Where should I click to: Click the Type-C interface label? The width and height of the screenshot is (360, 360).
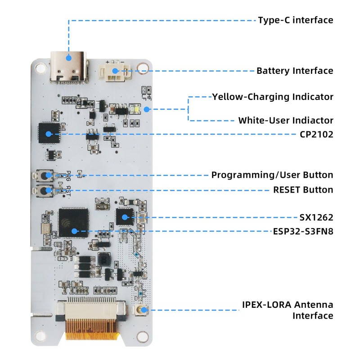click(x=295, y=20)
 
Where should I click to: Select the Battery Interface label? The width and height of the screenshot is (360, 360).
click(x=295, y=71)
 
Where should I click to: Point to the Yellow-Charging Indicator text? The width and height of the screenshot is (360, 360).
click(x=273, y=97)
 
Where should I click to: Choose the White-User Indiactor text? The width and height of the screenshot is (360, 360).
click(x=286, y=121)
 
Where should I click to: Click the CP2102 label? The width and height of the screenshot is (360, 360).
click(x=316, y=134)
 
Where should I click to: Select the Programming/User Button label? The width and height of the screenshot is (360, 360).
click(x=272, y=175)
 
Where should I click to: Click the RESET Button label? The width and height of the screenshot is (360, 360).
click(x=303, y=190)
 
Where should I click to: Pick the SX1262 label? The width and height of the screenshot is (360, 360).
click(x=316, y=218)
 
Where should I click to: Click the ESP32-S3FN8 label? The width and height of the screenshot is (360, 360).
click(x=303, y=232)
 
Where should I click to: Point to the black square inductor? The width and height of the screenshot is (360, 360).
click(x=104, y=260)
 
